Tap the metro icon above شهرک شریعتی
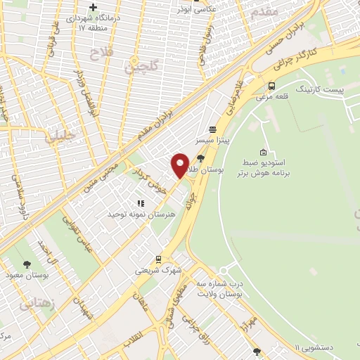pos(159,259)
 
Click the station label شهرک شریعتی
pos(159,270)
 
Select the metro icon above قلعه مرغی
pos(271,86)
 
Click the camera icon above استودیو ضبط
pos(263,152)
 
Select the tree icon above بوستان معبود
pos(27,264)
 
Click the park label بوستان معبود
pos(27,275)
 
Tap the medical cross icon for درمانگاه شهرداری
pos(92,7)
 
